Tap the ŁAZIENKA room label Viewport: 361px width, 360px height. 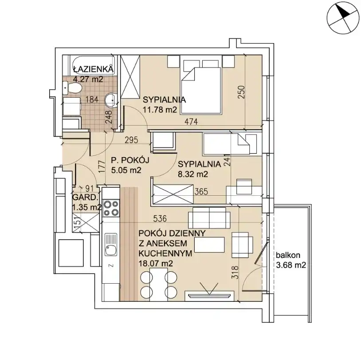click(94, 69)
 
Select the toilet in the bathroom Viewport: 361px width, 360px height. click(72, 88)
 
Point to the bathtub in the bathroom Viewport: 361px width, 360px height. click(94, 65)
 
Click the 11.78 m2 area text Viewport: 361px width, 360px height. click(160, 110)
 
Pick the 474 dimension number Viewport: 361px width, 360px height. click(191, 122)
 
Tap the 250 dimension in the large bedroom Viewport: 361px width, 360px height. click(241, 92)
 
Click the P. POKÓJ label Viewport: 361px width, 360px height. click(130, 160)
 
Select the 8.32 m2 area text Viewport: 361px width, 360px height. click(193, 174)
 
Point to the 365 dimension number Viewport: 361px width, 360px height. click(201, 191)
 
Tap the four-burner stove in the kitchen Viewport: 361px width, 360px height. click(111, 208)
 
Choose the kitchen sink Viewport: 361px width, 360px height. click(111, 245)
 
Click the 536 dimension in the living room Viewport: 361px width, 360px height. click(160, 218)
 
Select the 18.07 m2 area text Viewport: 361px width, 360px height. click(156, 263)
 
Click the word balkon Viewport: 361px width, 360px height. click(288, 255)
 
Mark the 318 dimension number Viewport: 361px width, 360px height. click(236, 273)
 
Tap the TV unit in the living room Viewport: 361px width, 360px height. click(209, 296)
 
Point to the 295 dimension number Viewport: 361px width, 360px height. click(131, 140)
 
